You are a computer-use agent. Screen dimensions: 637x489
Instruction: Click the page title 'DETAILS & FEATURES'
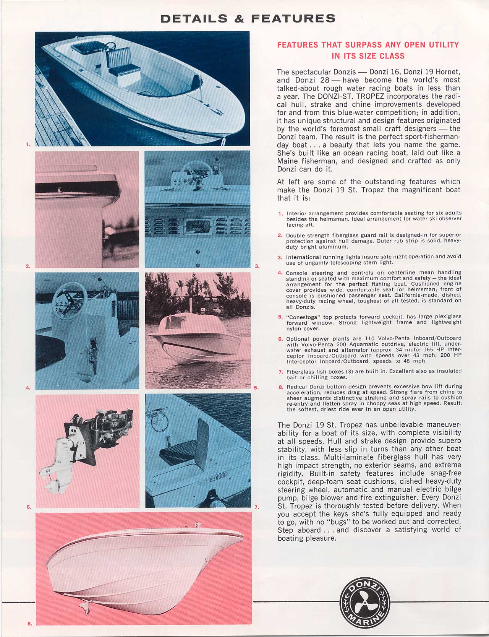coord(248,18)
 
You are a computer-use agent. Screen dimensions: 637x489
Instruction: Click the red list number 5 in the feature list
coord(280,317)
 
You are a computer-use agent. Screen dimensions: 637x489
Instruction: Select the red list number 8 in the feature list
coord(280,387)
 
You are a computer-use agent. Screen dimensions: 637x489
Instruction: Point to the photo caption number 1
coord(28,144)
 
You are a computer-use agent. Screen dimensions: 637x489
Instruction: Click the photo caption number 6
coord(29,507)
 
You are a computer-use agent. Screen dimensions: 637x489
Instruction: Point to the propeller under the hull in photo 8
coord(86,607)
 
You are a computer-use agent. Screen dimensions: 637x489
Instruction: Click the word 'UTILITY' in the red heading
coord(444,45)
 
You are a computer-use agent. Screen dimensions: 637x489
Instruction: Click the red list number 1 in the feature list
coord(280,213)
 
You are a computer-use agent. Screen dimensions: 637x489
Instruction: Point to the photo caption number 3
coord(257,266)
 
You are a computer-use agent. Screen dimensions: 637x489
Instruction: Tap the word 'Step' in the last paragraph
coord(286,530)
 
